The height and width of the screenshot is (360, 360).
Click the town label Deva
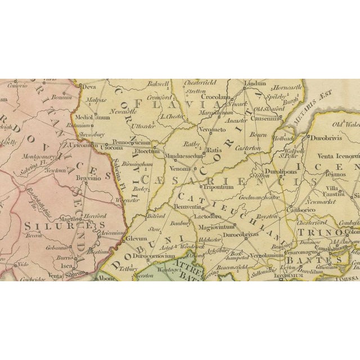89,87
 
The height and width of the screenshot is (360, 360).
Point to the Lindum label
255,83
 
